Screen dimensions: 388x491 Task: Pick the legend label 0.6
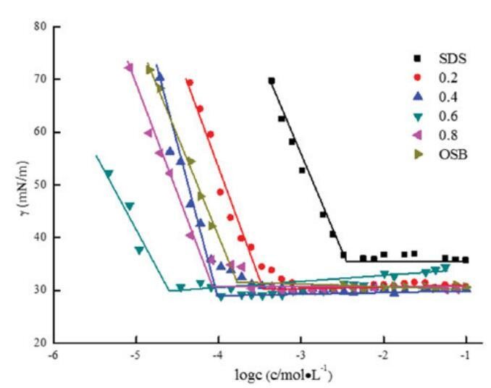point(426,117)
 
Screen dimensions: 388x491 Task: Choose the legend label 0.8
point(426,135)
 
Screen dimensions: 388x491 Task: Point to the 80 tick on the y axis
point(43,28)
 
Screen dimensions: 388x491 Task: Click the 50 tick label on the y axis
point(43,185)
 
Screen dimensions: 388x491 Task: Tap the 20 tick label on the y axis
point(43,342)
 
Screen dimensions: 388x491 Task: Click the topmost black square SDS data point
point(272,81)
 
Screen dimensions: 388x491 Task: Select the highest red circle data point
point(190,83)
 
